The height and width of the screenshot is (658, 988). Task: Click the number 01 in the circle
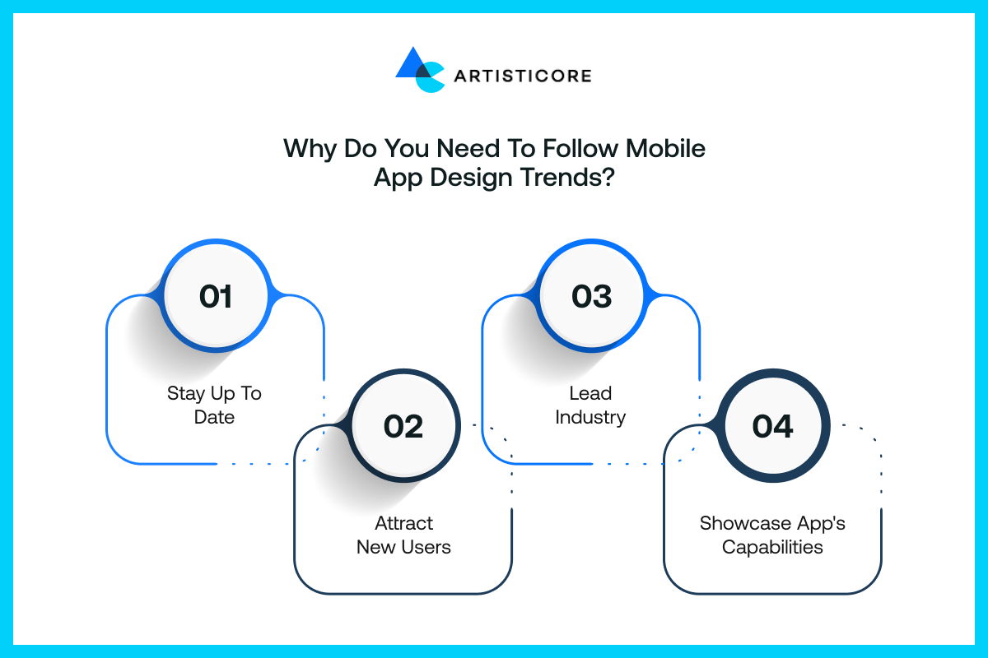[x=215, y=296]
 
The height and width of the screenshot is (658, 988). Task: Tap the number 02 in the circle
[x=403, y=426]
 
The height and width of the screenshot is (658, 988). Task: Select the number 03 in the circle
[x=591, y=296]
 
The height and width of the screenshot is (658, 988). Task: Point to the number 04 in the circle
[x=773, y=426]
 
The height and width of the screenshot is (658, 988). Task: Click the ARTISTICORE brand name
[x=523, y=76]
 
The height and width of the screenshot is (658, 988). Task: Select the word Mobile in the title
[x=665, y=148]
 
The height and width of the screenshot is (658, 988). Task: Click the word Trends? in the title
[x=566, y=177]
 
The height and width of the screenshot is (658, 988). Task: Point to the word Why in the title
[x=310, y=149]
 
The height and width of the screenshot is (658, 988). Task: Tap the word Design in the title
[x=471, y=178]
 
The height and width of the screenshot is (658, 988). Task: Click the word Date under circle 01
[x=214, y=417]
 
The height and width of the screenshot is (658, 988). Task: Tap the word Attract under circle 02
[x=403, y=523]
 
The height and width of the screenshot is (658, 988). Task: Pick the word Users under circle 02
[x=426, y=547]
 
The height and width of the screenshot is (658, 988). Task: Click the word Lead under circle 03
[x=590, y=393]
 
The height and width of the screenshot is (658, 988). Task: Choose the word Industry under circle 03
[x=590, y=417]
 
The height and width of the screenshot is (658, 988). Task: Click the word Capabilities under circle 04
[x=772, y=548]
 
